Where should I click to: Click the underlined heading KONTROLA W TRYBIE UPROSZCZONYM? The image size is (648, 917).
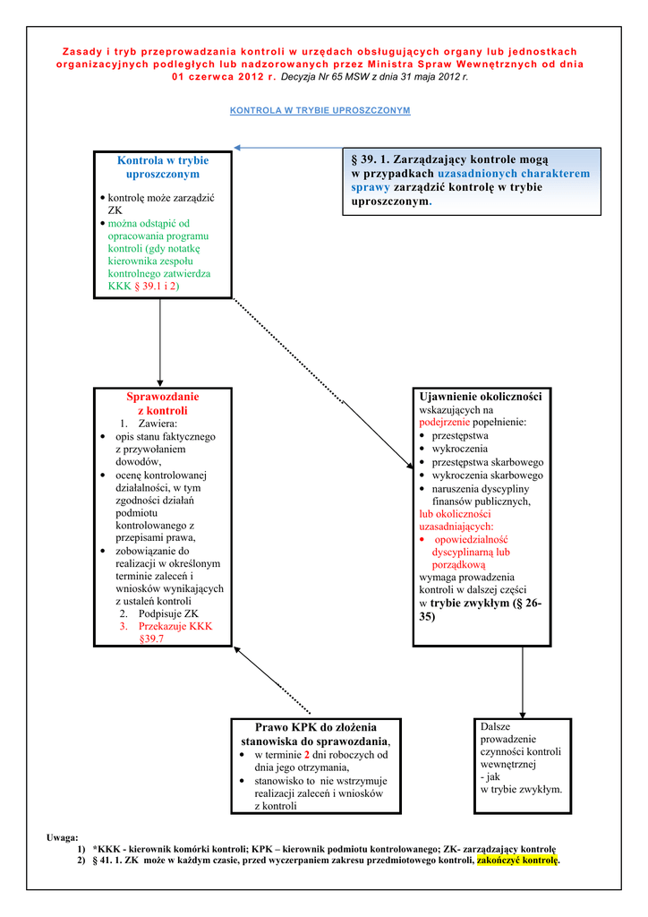coord(320,110)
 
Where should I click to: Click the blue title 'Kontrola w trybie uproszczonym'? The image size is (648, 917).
coord(163,167)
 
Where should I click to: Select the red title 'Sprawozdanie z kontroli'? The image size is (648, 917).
coord(163,403)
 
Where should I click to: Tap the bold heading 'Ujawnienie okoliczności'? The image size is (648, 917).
coord(481,396)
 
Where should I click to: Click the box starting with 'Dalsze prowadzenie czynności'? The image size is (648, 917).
coord(522,758)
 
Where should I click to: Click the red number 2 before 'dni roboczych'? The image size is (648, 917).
coord(307,755)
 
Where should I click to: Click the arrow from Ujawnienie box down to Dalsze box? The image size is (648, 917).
coord(523,681)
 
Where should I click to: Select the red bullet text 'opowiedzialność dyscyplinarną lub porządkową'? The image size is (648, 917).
coord(470,553)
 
